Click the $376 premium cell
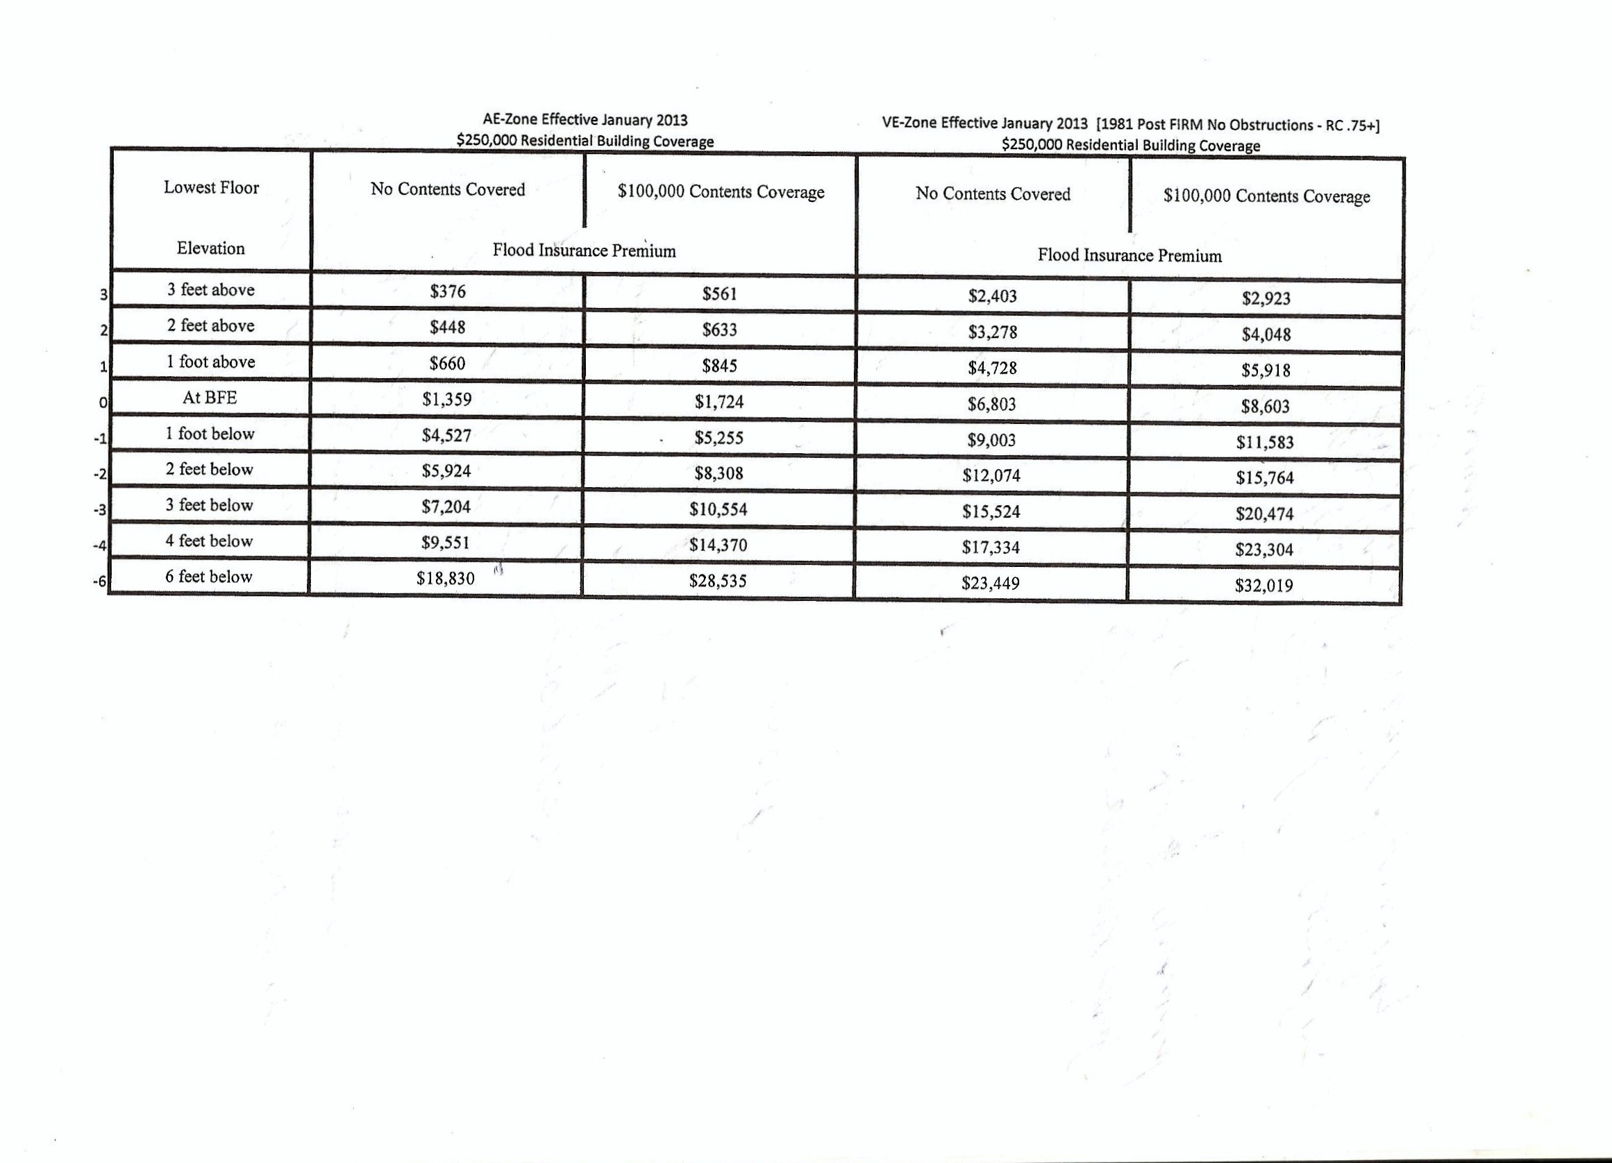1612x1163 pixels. [447, 291]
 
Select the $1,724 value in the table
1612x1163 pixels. [719, 401]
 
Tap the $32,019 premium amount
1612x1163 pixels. [1263, 586]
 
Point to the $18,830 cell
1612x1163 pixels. [445, 578]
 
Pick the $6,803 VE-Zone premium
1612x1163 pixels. [991, 405]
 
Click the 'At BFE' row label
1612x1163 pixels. [210, 398]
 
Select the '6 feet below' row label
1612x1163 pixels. [208, 576]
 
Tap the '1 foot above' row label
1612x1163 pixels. [210, 362]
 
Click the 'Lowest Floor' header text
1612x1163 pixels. [211, 187]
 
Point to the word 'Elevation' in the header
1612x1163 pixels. [210, 248]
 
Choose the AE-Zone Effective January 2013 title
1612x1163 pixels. [585, 120]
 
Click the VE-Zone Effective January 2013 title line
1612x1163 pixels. [1130, 124]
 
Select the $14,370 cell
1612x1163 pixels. [718, 545]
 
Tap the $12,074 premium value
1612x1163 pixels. [991, 475]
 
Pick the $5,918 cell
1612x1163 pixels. [1265, 370]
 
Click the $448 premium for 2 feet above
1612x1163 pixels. [447, 327]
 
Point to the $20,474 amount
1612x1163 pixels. [1263, 513]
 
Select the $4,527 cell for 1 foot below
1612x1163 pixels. [446, 435]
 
